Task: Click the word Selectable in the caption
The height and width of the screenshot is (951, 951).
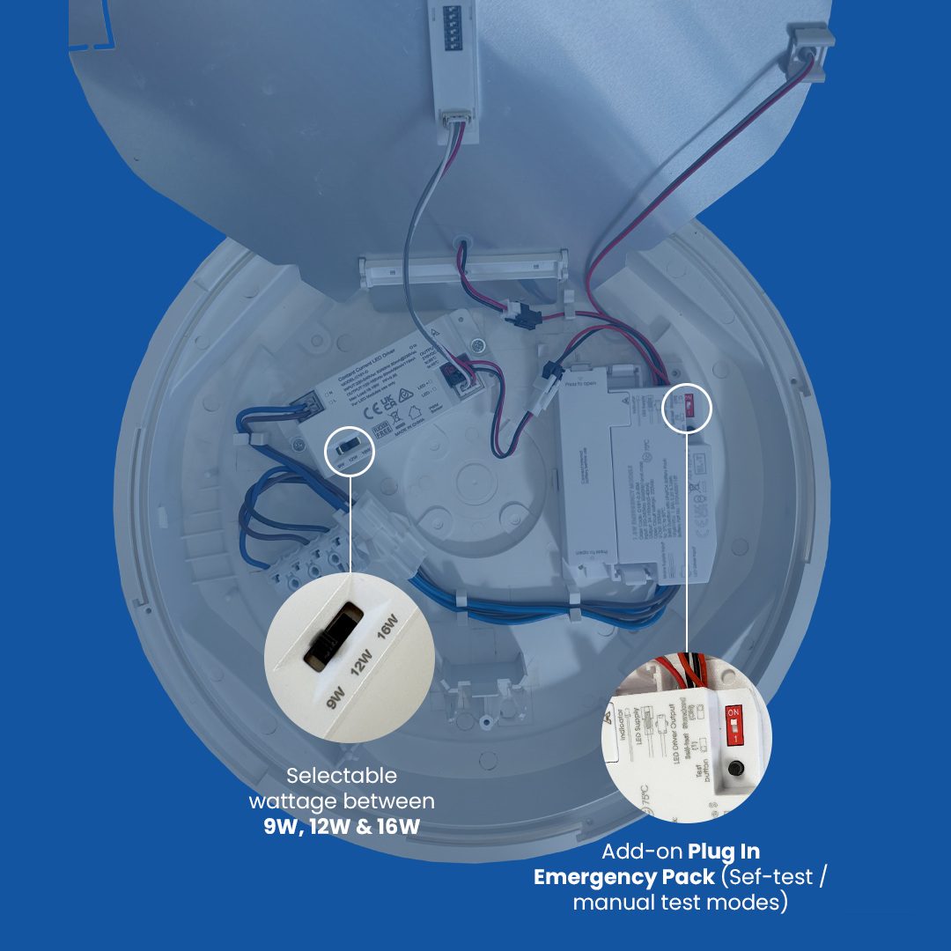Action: (x=342, y=776)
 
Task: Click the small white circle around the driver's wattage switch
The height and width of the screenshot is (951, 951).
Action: (x=350, y=450)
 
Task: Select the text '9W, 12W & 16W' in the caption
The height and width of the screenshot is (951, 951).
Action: (x=342, y=827)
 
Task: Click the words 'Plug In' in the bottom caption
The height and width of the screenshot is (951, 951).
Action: (x=724, y=851)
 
